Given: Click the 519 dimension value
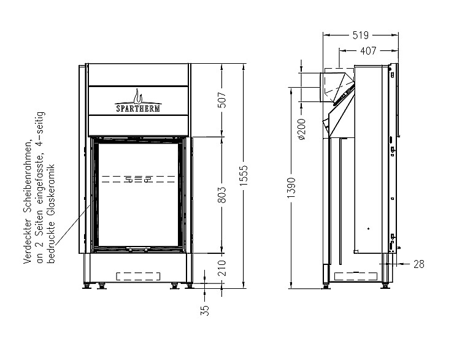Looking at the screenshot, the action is point(361,36).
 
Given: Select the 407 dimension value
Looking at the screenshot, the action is point(368,51).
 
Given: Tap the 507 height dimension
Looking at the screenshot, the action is point(222,100).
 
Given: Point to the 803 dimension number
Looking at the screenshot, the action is point(222,194).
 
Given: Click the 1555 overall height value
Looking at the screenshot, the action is point(244,175).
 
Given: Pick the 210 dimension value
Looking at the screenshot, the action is point(222,267).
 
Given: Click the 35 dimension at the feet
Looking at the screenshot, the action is point(205,310).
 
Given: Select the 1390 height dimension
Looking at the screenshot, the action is point(291,188).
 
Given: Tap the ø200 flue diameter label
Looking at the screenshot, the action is point(301,129).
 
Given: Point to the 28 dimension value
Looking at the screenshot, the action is point(418,264).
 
